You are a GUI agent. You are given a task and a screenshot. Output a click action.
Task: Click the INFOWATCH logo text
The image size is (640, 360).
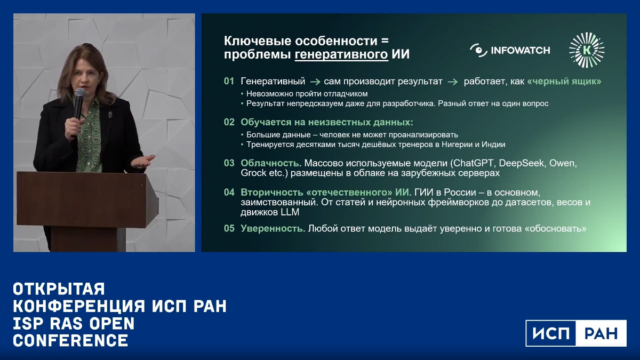520,51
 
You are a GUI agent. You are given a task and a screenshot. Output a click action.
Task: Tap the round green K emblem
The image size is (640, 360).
587,50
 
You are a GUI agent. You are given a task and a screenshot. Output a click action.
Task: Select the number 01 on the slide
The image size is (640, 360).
229,82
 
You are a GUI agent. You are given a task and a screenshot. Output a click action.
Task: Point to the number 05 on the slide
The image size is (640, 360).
229,229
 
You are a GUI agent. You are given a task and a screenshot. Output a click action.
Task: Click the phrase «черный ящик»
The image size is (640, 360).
564,82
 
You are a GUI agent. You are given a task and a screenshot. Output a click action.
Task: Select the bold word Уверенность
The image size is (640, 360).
273,229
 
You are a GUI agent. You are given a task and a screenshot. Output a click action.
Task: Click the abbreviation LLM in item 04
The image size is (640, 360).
291,212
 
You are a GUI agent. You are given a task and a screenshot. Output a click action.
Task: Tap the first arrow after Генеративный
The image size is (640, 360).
315,82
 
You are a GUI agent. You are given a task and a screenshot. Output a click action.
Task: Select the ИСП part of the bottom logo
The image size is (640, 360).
551,333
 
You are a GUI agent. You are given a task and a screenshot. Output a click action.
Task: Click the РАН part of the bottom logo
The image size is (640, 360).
601,333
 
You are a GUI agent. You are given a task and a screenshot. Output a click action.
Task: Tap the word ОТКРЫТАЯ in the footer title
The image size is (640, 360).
59,289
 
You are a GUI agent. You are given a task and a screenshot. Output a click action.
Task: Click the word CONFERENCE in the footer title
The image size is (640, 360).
70,340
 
